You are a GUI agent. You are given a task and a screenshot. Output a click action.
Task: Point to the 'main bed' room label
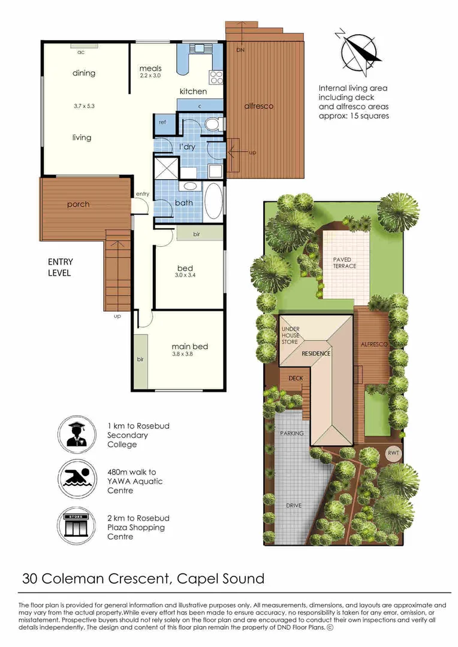(x=190, y=346)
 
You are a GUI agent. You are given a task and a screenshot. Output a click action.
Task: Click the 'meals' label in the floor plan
(x=150, y=68)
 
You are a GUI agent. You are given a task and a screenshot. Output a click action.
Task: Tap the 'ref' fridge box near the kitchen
(x=162, y=122)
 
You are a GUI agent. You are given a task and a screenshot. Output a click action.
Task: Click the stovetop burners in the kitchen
(x=216, y=77)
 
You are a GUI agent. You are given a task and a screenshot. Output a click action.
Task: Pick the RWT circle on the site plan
(x=393, y=453)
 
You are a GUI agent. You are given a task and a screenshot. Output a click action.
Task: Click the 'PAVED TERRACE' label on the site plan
(x=345, y=262)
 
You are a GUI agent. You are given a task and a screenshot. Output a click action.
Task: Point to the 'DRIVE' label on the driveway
(x=294, y=506)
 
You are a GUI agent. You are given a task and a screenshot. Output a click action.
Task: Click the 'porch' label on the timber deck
(x=79, y=204)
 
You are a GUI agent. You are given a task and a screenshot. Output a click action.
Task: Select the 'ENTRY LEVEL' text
(x=60, y=267)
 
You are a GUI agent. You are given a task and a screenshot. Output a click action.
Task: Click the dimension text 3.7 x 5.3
(x=84, y=105)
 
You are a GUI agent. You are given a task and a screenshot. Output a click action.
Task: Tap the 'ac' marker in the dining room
(x=80, y=52)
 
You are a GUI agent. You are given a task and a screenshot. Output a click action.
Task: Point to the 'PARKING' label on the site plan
(x=292, y=433)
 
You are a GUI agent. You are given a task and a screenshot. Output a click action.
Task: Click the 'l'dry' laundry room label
(x=186, y=146)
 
